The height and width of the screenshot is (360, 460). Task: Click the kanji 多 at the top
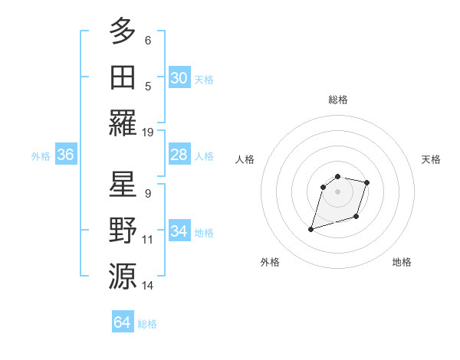(123, 31)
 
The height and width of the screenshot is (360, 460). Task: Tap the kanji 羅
(123, 123)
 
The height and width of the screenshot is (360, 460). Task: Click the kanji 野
(123, 230)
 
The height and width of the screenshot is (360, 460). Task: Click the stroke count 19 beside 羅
(148, 132)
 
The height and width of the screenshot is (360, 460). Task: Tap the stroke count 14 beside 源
(148, 285)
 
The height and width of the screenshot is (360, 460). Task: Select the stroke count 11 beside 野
(148, 239)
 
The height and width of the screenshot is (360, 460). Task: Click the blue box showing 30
(179, 78)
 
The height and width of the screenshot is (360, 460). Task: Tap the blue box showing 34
(179, 231)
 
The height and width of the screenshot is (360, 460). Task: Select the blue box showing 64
(123, 322)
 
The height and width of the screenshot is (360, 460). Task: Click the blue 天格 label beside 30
(204, 79)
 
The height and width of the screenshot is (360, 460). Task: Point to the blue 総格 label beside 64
(147, 324)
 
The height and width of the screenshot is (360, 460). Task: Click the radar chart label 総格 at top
(338, 100)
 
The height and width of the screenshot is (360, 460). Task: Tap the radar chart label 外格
(270, 262)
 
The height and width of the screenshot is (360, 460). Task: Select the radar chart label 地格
(402, 262)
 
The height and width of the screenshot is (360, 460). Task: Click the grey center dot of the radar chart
(337, 191)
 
